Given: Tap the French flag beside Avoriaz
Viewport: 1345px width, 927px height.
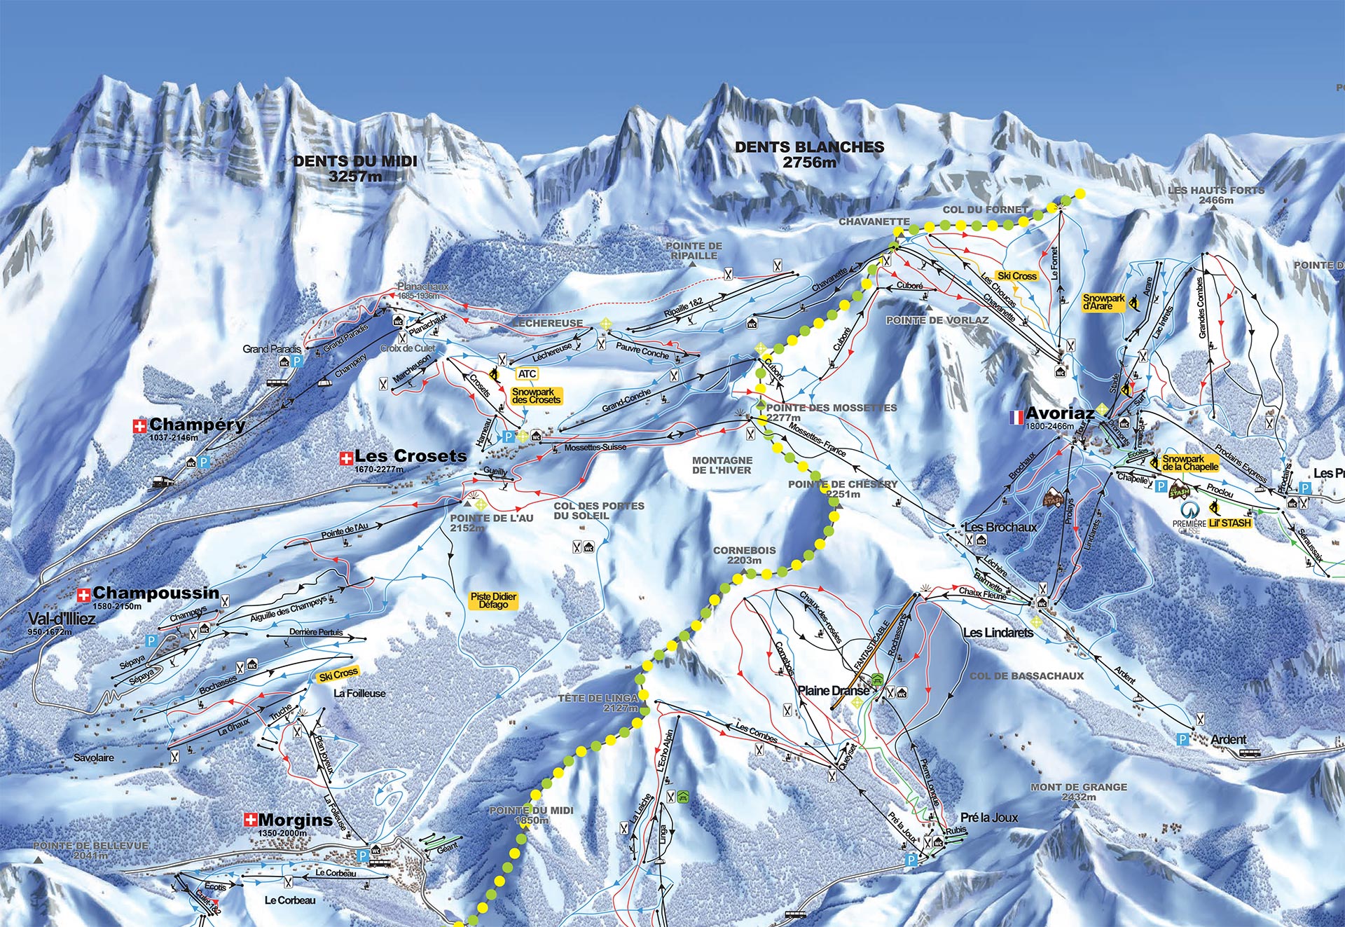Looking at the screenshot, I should (x=1015, y=418).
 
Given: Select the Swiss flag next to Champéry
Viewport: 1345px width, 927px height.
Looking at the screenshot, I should (x=140, y=425).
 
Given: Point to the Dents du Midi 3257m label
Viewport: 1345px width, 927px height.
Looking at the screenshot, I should (x=355, y=168).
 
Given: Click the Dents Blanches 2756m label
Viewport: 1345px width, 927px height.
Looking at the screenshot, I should (x=809, y=154).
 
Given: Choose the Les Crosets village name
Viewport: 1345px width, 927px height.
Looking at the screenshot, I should (x=410, y=456).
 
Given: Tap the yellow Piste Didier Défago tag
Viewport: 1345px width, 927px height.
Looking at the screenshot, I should (x=493, y=600).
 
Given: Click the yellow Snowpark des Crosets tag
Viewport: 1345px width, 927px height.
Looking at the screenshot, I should (x=536, y=396).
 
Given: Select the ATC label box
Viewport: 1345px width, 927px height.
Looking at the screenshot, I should (x=527, y=374).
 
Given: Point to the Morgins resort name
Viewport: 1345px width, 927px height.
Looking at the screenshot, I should (x=295, y=820).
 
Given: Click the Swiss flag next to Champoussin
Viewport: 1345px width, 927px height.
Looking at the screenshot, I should (x=84, y=595).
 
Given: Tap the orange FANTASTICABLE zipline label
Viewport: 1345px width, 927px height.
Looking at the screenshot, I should (x=871, y=645).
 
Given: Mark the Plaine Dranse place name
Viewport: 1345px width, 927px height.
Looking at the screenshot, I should (x=834, y=690).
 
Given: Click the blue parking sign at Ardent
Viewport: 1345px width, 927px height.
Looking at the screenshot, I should (x=1183, y=739).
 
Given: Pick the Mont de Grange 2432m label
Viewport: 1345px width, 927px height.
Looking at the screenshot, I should (x=1079, y=792).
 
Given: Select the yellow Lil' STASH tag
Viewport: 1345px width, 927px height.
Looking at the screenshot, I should (x=1229, y=523).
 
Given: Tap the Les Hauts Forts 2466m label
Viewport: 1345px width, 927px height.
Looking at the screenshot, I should (x=1216, y=195).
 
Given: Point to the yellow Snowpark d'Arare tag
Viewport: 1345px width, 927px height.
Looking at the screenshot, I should (x=1103, y=302).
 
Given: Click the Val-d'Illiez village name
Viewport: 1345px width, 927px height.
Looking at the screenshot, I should (x=62, y=619).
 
